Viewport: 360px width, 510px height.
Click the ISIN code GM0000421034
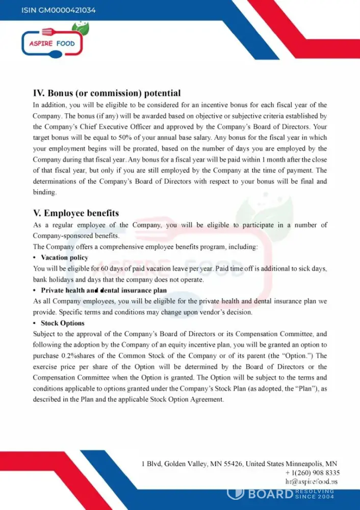pos(59,10)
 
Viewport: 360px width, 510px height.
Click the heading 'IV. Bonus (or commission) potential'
pos(107,93)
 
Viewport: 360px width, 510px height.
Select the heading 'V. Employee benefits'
pos(76,213)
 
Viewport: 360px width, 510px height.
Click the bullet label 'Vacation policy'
pos(64,258)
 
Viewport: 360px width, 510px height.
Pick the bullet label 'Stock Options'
pos(62,323)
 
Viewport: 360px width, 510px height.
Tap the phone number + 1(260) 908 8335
pos(313,473)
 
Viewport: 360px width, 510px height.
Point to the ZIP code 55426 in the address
pos(233,464)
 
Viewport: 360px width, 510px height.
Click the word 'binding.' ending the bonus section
pos(45,193)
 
